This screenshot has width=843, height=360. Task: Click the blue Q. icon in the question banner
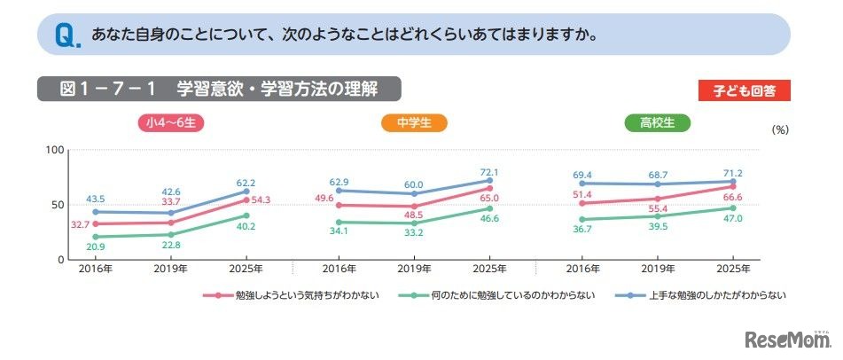pos(66,36)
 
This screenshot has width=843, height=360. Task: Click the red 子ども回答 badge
pos(744,90)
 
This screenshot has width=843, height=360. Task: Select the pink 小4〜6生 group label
pos(171,123)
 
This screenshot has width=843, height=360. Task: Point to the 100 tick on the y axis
pos(54,150)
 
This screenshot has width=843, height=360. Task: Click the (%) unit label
pos(780,129)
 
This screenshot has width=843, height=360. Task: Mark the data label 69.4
pos(581,173)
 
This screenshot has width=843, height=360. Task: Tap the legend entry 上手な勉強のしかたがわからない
pos(706,295)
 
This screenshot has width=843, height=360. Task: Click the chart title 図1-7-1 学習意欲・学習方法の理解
pos(218,90)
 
